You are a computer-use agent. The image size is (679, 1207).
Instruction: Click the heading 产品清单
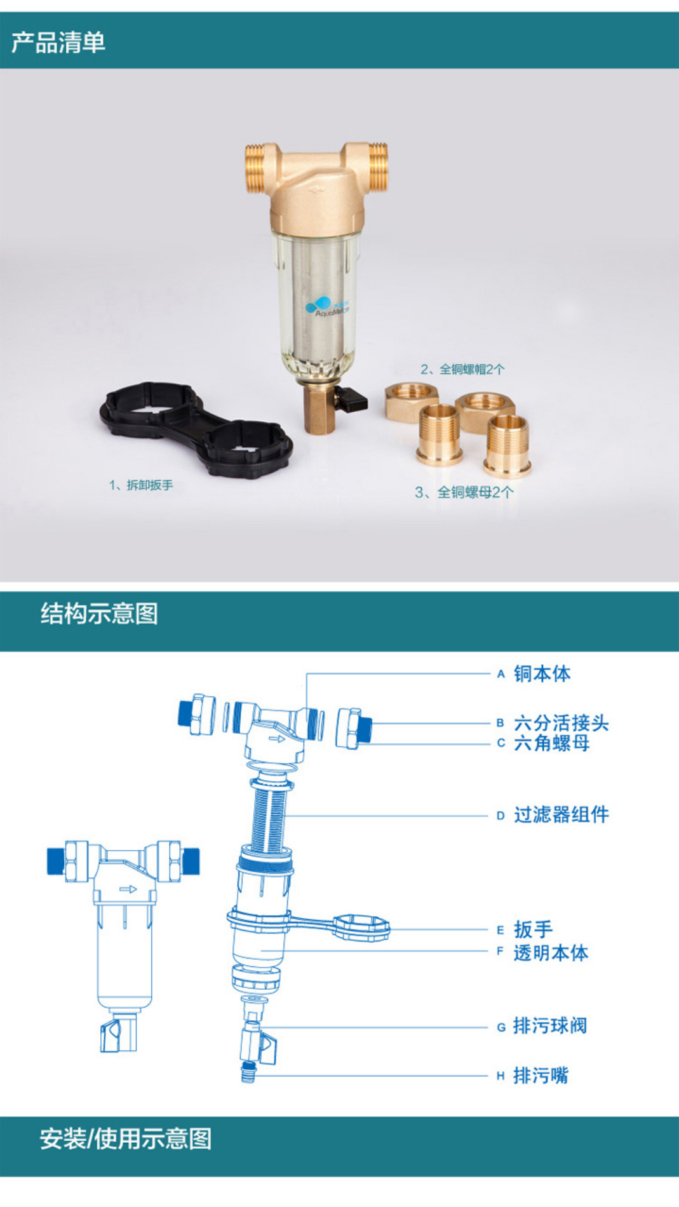[x=58, y=43]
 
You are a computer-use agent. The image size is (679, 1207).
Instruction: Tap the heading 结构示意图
[x=99, y=614]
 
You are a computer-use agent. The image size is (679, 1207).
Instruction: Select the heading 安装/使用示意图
[x=125, y=1138]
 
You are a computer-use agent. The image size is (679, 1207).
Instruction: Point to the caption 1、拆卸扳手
[x=140, y=485]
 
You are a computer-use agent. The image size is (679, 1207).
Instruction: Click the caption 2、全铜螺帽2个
[x=462, y=369]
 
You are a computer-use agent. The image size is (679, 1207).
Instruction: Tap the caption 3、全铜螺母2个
[x=464, y=492]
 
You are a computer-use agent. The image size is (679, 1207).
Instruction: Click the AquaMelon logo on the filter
[x=326, y=307]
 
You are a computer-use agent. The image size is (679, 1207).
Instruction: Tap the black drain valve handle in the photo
[x=353, y=400]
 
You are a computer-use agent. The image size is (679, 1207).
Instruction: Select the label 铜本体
[x=542, y=674]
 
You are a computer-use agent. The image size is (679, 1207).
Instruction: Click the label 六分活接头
[x=561, y=723]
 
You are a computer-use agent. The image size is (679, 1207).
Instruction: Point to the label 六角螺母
[x=551, y=743]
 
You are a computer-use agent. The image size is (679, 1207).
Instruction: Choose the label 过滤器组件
[x=561, y=815]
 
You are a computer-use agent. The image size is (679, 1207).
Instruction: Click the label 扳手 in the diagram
[x=533, y=929]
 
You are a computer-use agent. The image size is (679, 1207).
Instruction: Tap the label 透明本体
[x=551, y=952]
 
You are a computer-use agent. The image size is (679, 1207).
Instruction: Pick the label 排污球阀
[x=550, y=1026]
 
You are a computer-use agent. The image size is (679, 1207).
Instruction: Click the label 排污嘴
[x=541, y=1076]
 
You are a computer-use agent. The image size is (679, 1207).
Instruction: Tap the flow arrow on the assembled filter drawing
[x=128, y=889]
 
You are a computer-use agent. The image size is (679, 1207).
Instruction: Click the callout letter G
[x=501, y=1027]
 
